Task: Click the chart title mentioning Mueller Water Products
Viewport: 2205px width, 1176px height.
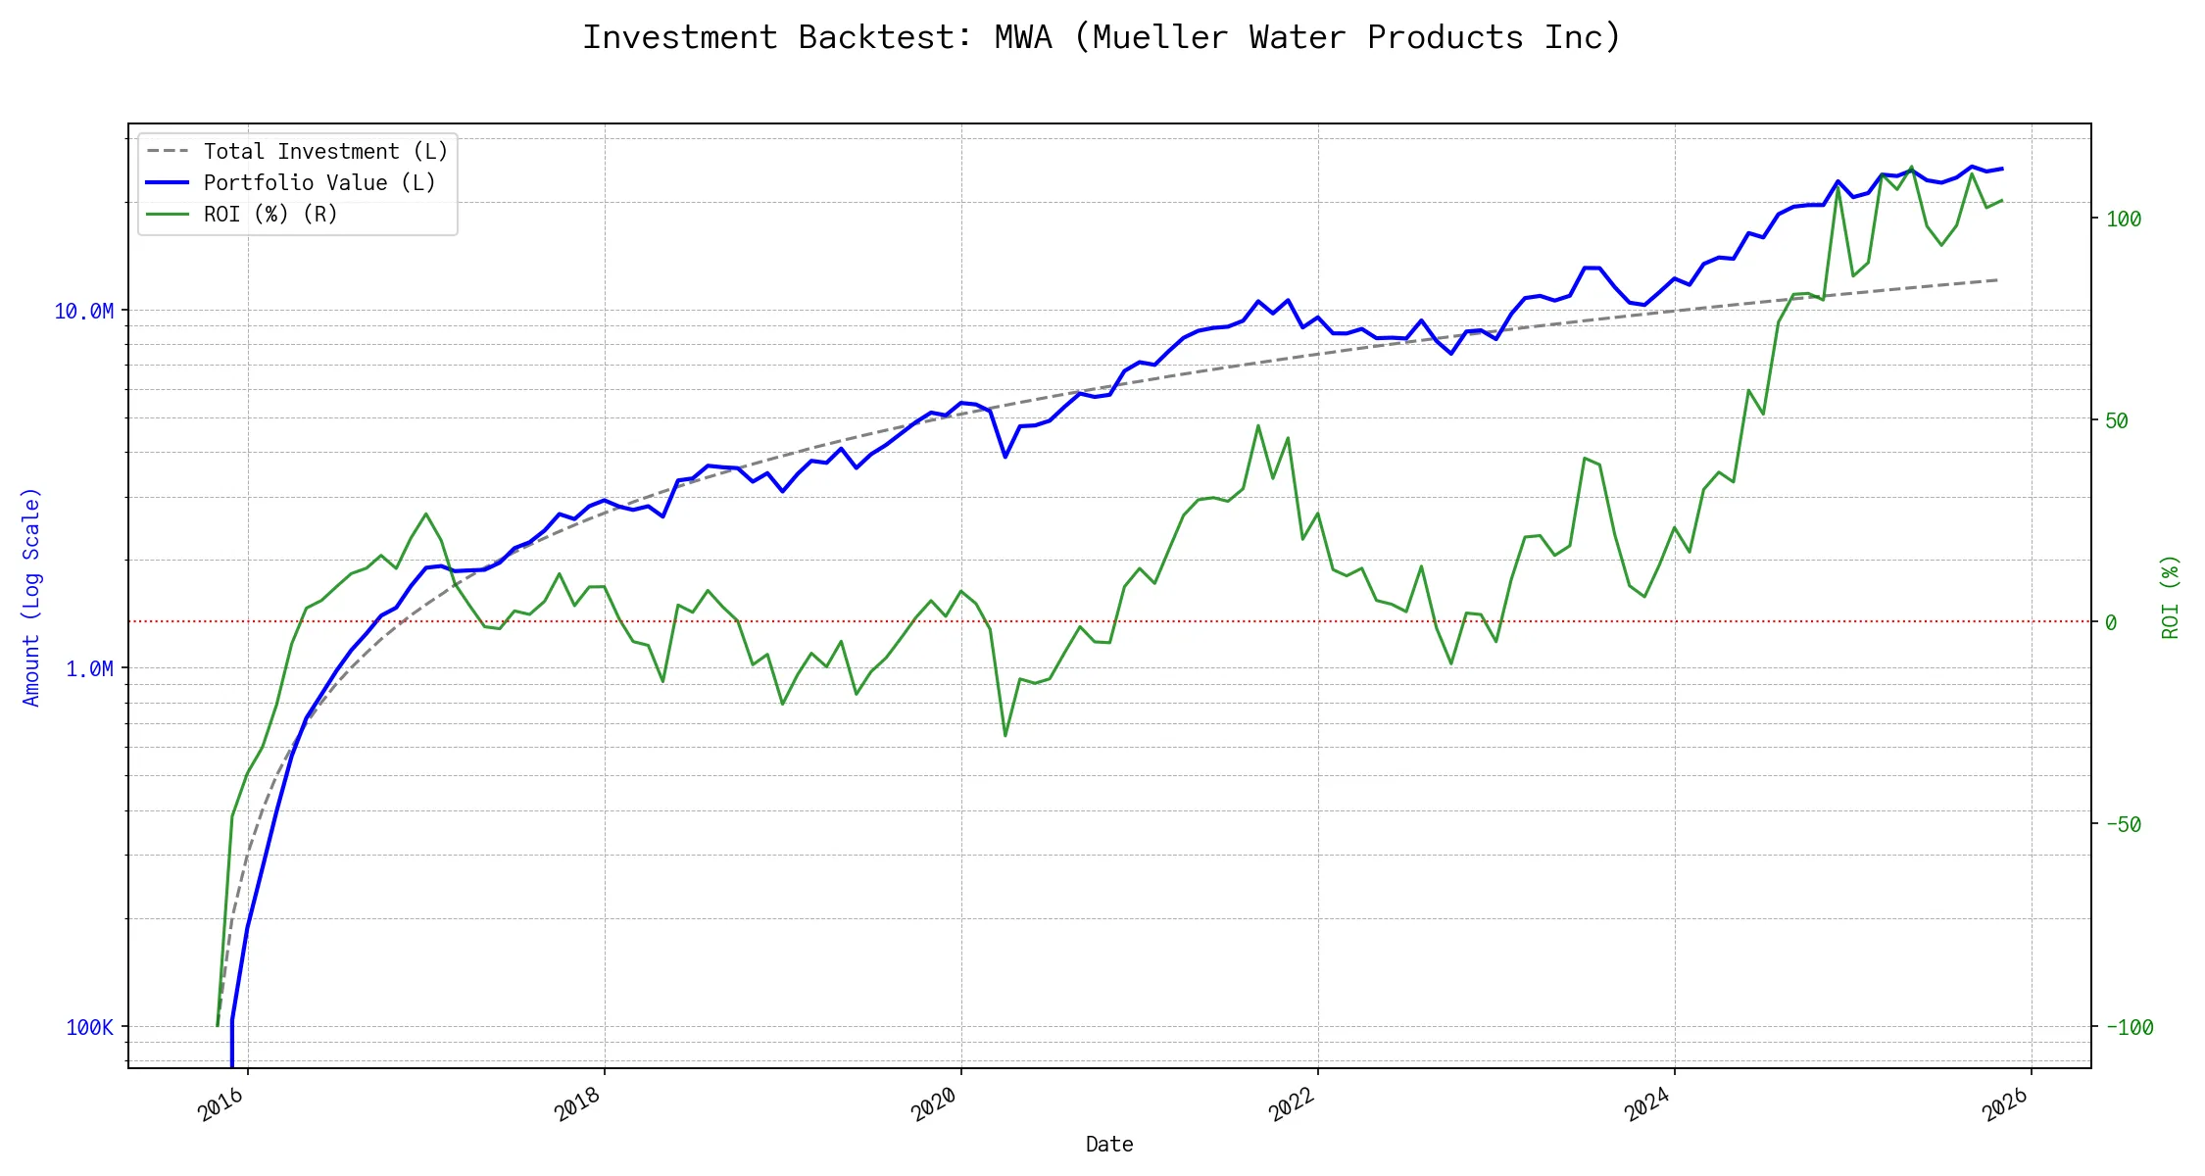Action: click(x=1102, y=37)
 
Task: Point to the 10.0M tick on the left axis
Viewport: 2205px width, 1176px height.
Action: click(x=83, y=312)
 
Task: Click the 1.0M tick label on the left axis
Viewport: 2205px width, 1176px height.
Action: click(x=89, y=669)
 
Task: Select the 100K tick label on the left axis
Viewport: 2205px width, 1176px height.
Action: click(x=89, y=1028)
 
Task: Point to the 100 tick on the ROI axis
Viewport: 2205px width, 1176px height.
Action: click(x=2124, y=220)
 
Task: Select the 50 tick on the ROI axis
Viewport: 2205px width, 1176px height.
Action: click(x=2117, y=421)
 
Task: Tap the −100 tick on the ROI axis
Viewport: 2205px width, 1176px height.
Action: click(x=2129, y=1028)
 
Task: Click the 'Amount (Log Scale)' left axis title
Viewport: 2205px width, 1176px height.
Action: click(x=31, y=597)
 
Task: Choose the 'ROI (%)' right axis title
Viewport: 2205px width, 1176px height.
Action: click(x=2171, y=597)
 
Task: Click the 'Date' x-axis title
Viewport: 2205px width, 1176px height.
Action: click(x=1109, y=1145)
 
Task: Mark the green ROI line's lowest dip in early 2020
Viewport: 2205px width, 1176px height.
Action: click(x=1005, y=735)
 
